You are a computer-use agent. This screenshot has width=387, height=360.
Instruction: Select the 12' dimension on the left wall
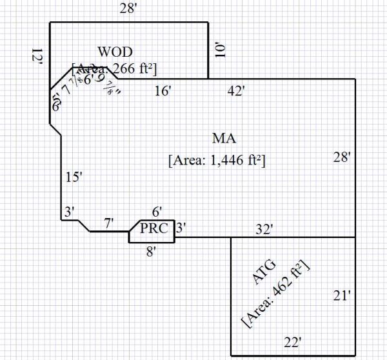tap(37, 57)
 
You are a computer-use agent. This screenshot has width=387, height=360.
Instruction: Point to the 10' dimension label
tap(221, 50)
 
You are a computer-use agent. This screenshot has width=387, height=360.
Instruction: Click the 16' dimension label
tap(163, 91)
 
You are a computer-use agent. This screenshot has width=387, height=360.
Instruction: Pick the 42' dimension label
tap(236, 91)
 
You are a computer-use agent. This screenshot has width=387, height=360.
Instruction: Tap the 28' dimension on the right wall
tap(342, 156)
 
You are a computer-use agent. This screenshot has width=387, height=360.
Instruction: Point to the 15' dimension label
tap(74, 177)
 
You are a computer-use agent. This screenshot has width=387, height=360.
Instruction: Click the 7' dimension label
tap(109, 223)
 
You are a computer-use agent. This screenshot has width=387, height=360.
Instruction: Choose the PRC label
tap(154, 228)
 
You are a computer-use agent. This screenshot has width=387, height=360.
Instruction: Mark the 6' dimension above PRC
tap(157, 212)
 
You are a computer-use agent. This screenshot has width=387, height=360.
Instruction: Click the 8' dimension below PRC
tap(151, 252)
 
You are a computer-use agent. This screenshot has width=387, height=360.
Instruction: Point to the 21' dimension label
tap(342, 295)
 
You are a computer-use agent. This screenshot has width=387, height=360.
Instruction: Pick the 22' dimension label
tap(292, 341)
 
